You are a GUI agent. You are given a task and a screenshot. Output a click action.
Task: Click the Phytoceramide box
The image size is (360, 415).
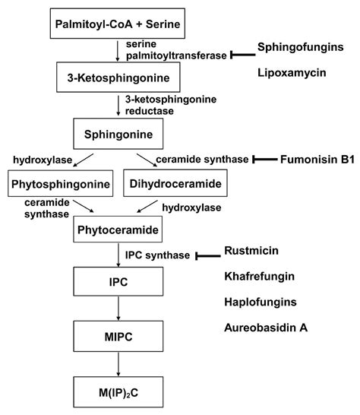(118, 227)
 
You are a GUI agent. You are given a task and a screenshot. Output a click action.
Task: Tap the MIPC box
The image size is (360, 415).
(118, 335)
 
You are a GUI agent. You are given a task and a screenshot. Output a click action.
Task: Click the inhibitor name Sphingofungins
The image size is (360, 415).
(299, 47)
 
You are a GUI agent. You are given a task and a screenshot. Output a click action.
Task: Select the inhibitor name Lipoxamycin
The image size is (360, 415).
(292, 75)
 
